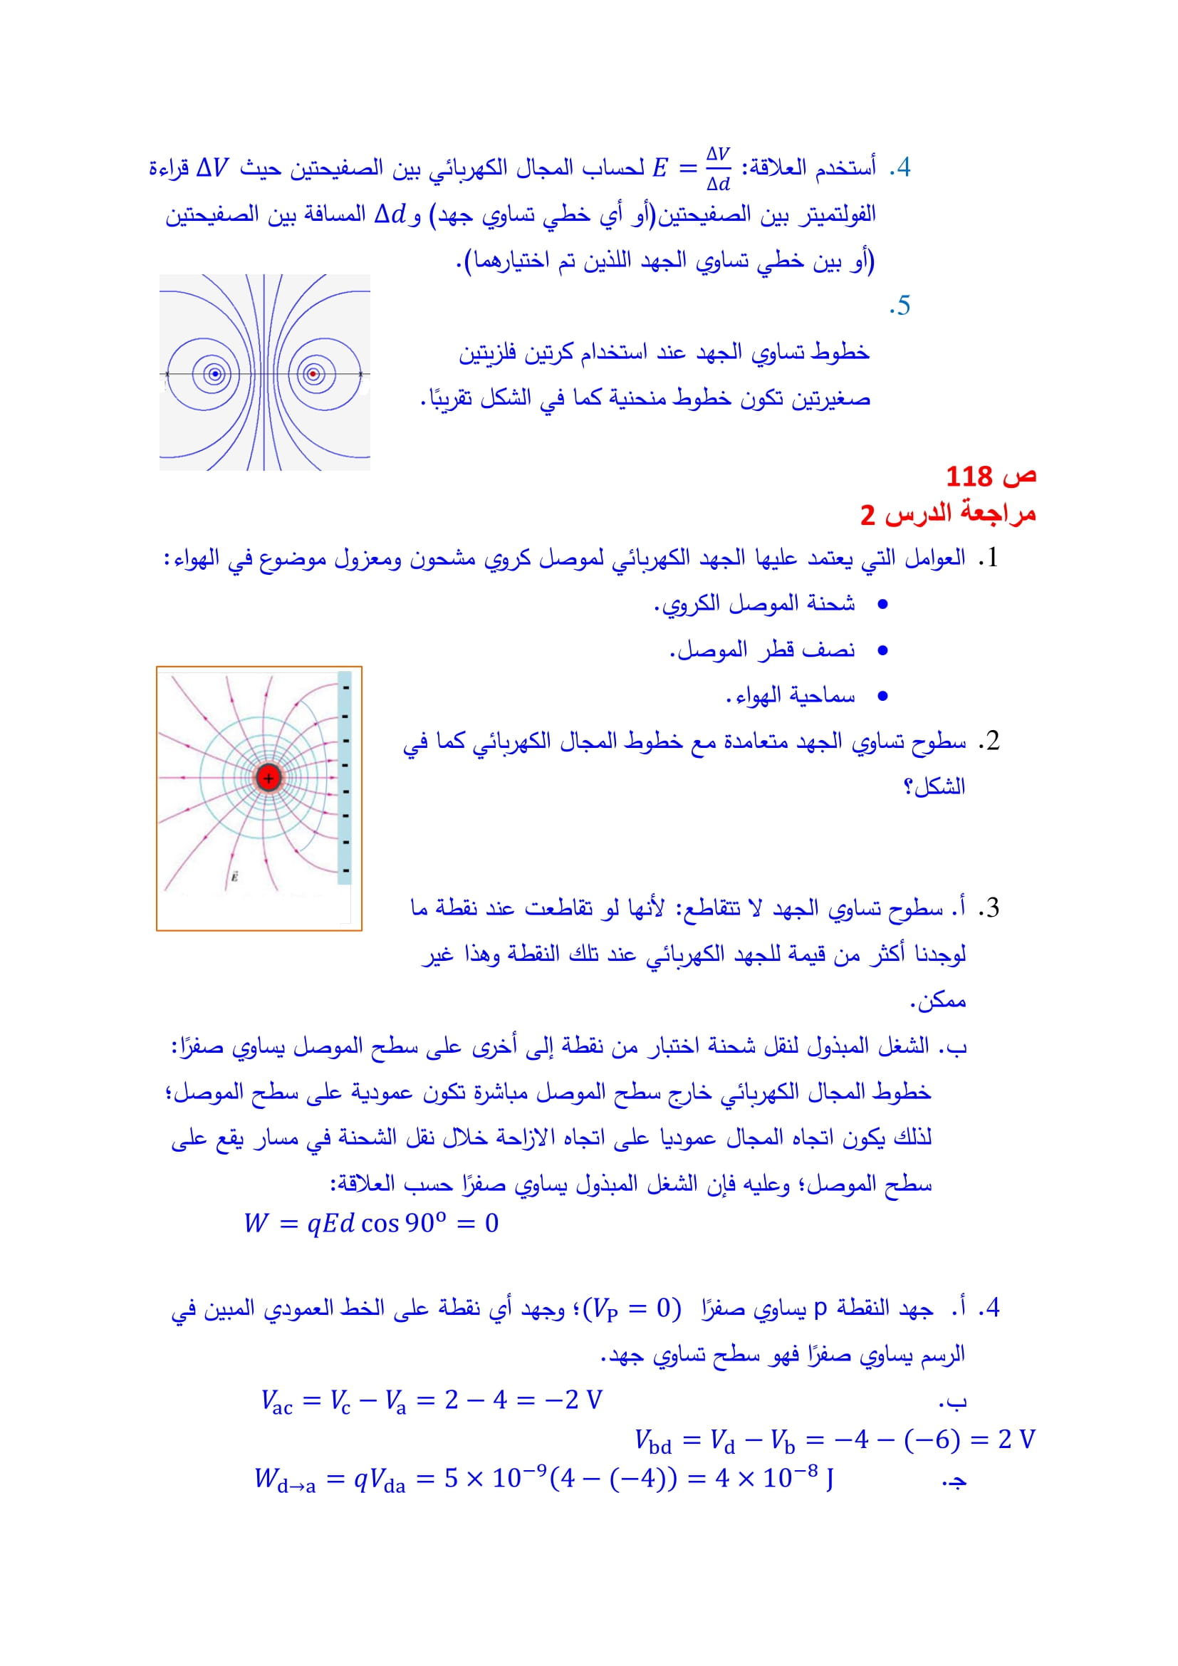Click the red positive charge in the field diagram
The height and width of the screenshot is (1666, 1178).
(x=269, y=778)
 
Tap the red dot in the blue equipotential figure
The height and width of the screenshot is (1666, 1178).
(x=313, y=375)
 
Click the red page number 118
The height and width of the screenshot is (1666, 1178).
(x=969, y=477)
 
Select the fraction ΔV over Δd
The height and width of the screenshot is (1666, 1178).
(x=718, y=168)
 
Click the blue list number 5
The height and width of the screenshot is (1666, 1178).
(x=900, y=306)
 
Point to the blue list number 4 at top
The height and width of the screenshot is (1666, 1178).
(x=900, y=167)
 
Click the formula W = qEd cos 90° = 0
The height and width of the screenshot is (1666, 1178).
(x=370, y=1223)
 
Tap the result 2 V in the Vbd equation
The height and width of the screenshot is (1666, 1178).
(x=1016, y=1439)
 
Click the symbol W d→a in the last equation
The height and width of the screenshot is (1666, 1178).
(x=285, y=1479)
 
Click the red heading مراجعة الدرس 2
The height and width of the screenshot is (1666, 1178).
(x=947, y=514)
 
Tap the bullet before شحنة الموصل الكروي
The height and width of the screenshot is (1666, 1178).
(x=882, y=605)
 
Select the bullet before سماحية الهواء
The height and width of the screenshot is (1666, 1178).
(x=882, y=697)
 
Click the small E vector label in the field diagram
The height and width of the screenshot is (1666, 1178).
(x=234, y=877)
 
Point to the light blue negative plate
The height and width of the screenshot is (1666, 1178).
(x=345, y=778)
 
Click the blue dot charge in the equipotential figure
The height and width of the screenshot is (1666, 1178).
(x=214, y=375)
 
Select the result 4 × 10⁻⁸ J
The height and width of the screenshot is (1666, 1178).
(x=774, y=1478)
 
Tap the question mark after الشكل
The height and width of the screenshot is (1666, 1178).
(x=907, y=786)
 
